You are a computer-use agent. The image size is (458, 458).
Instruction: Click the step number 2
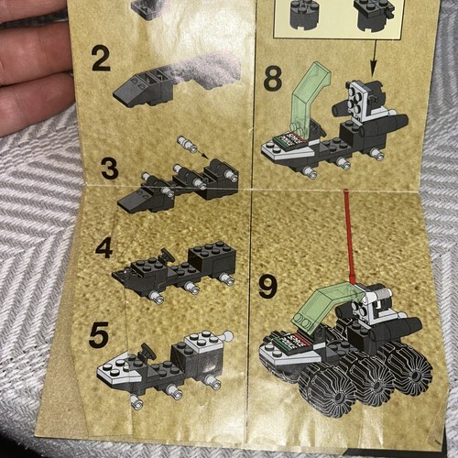101,59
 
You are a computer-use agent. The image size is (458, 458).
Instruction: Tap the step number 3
110,169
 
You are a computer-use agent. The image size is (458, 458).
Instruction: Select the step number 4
104,248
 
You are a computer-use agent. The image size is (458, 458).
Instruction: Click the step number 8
272,79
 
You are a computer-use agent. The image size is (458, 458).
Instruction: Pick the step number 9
267,286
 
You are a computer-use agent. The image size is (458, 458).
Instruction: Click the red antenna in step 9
350,236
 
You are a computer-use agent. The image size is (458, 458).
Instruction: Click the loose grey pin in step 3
187,143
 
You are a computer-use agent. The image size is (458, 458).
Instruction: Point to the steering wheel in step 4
168,256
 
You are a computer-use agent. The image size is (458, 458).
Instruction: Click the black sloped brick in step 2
144,89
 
